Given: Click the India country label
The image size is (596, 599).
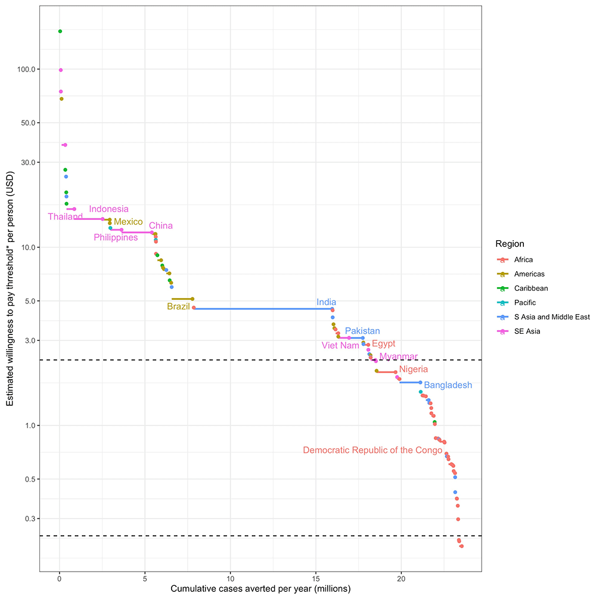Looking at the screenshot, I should [326, 302].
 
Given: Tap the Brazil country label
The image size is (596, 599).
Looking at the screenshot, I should [178, 306].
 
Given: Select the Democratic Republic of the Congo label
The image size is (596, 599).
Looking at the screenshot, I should [372, 450].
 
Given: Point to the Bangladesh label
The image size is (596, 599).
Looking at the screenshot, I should [448, 385].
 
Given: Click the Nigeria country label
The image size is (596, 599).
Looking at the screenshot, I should [414, 370].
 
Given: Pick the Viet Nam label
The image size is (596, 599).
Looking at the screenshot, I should [340, 345].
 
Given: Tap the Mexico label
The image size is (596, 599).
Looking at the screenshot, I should [128, 222].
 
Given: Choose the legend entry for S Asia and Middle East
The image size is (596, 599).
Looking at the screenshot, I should [543, 317].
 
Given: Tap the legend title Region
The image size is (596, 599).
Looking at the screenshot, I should [510, 244].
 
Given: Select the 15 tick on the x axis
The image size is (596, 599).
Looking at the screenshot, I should [316, 579].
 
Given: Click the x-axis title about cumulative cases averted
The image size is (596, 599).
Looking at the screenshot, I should [260, 589].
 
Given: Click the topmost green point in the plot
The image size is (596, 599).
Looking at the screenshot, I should [60, 31].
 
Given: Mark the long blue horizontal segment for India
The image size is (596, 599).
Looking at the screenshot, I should [262, 309].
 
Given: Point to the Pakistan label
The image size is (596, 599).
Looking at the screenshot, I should [362, 331].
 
